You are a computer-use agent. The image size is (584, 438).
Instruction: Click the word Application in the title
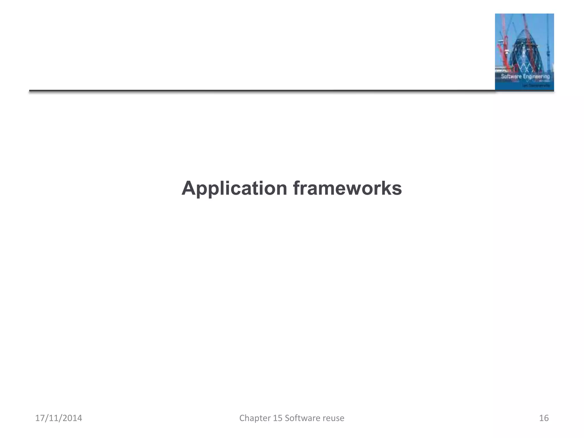[234, 188]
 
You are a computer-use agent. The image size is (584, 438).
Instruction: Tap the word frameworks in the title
[347, 188]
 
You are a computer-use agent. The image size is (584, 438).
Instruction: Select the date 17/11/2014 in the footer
[58, 418]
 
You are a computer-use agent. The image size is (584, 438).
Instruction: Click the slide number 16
[544, 418]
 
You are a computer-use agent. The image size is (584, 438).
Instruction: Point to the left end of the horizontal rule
[30, 91]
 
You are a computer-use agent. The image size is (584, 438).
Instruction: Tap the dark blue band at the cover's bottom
[524, 86]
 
